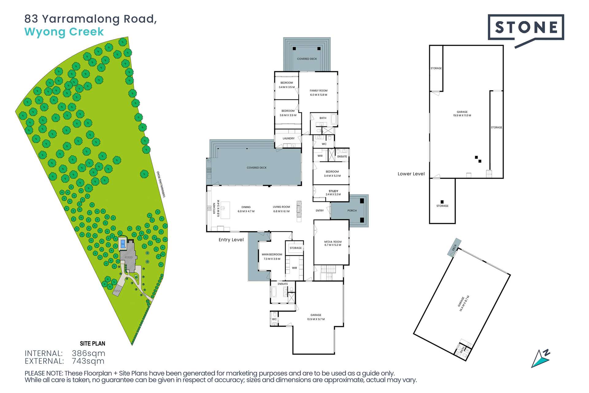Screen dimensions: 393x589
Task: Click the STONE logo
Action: tap(526, 28)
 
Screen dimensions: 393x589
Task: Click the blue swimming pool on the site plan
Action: tap(123, 244)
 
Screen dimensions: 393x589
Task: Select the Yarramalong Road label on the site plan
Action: tap(161, 185)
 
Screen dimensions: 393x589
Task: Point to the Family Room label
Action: tap(318, 93)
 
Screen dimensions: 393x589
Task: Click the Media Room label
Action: tap(333, 243)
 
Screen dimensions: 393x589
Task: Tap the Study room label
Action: tap(333, 193)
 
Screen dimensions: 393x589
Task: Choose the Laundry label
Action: tap(288, 138)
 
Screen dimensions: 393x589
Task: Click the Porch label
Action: tap(352, 211)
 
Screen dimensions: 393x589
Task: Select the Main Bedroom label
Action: tap(272, 256)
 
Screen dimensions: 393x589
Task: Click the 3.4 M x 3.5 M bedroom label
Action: tap(287, 85)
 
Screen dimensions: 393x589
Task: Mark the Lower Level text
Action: tap(411, 174)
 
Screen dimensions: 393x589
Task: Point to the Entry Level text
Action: tap(231, 240)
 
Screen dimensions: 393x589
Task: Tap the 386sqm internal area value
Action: tap(88, 353)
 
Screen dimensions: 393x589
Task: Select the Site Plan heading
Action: tap(92, 344)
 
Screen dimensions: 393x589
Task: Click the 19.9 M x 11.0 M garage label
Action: tap(462, 114)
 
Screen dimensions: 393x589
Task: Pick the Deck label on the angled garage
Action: tap(454, 247)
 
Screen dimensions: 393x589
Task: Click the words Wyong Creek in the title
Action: tap(64, 32)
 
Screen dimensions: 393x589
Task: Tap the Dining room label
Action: tap(246, 209)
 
